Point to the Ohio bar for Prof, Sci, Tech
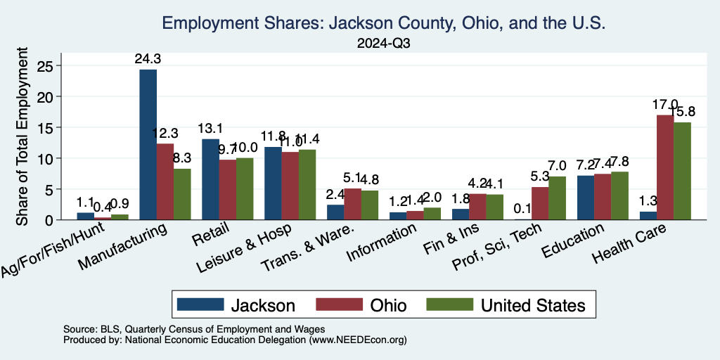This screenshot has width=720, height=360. coord(540,203)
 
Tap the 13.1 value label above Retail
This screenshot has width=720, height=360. coord(210,129)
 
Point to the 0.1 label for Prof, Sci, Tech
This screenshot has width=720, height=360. coord(522,209)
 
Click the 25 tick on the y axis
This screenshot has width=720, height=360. coord(45,65)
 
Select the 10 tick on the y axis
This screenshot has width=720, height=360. coord(45,158)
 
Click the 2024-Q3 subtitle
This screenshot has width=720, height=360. coord(383,43)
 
